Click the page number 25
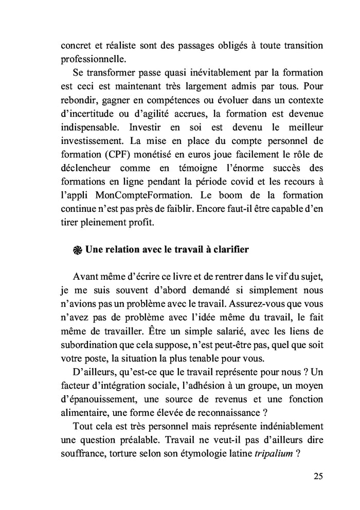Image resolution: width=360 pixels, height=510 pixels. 318,476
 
